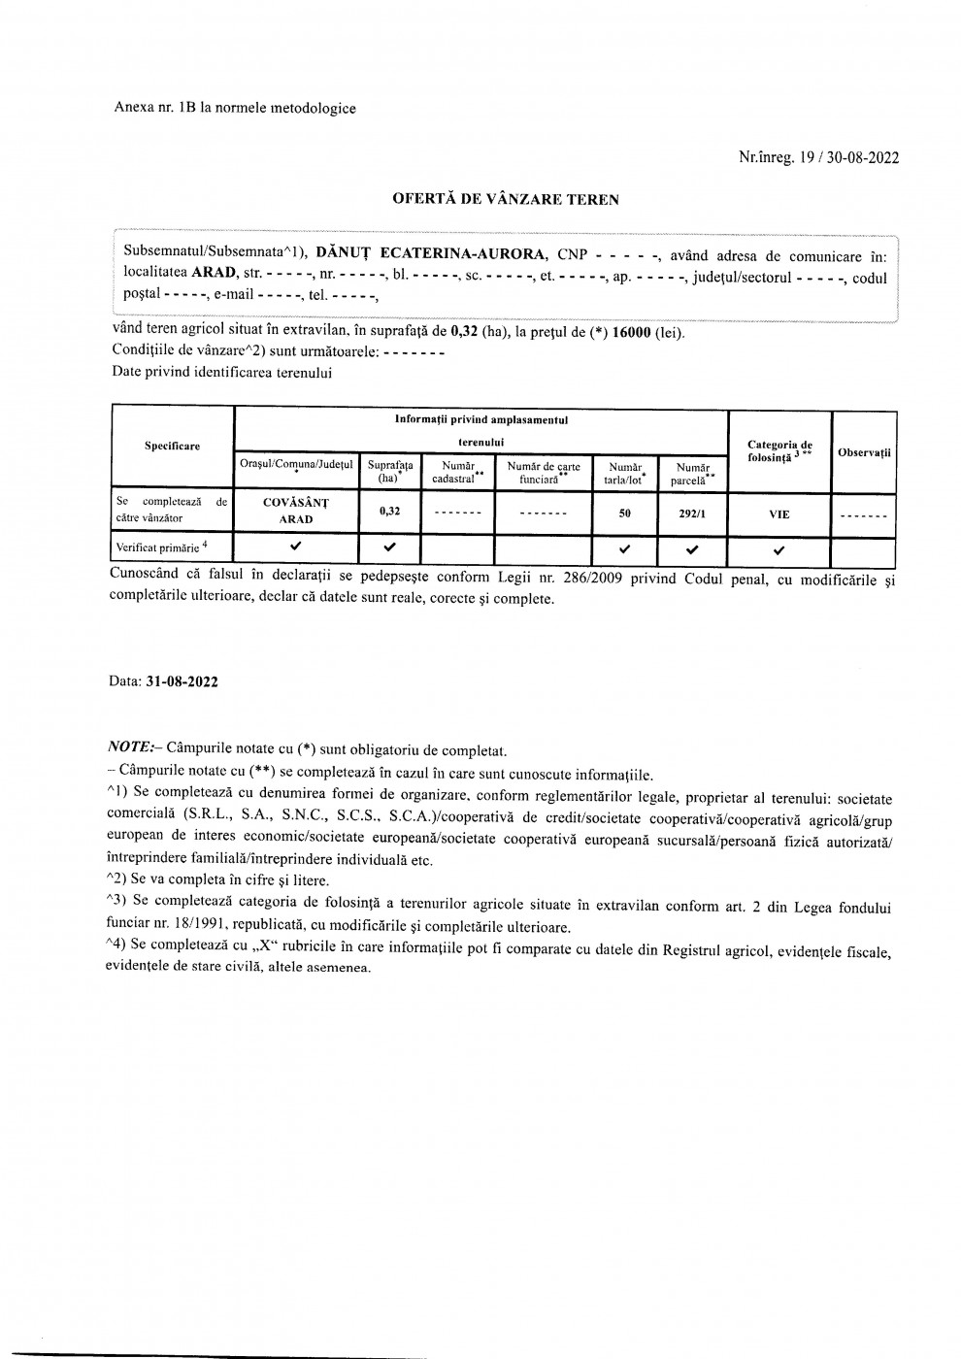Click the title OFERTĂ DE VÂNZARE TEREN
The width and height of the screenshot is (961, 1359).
[x=505, y=200]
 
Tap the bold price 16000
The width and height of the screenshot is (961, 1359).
[x=629, y=333]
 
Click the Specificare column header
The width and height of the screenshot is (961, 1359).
[x=173, y=446]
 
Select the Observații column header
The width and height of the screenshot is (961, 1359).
[x=864, y=453]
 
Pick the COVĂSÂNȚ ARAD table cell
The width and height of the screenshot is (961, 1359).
[x=296, y=511]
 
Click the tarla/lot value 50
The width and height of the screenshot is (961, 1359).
[x=625, y=514]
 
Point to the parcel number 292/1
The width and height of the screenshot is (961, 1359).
[x=692, y=514]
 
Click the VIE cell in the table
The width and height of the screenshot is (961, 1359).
[x=779, y=514]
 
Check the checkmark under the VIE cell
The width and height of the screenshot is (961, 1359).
[x=779, y=550]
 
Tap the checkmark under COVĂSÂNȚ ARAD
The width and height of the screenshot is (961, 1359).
[x=296, y=547]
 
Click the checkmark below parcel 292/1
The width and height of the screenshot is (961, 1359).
[x=692, y=549]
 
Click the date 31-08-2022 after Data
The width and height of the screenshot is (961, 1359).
[x=182, y=681]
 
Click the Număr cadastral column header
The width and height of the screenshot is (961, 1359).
[x=459, y=473]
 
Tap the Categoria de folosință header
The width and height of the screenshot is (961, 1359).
[x=779, y=451]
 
